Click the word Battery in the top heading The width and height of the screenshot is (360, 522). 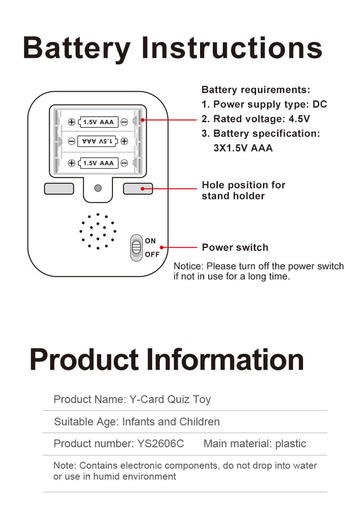(x=77, y=48)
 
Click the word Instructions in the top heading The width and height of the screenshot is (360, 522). (x=232, y=48)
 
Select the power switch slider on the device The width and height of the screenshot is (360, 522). (x=136, y=248)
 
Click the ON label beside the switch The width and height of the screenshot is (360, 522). (x=150, y=241)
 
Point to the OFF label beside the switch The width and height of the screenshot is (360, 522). (x=152, y=254)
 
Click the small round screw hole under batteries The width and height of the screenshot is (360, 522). (x=98, y=188)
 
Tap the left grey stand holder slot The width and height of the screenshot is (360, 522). (x=59, y=188)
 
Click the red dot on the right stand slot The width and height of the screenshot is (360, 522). (x=143, y=188)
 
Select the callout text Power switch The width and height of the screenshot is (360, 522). (x=235, y=248)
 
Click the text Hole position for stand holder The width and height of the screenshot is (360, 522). (x=243, y=191)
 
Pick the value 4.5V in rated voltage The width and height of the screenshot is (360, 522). (x=299, y=119)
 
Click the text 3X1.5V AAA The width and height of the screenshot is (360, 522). (x=243, y=148)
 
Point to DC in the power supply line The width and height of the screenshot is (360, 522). (x=319, y=104)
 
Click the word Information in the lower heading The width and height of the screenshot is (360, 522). (x=226, y=359)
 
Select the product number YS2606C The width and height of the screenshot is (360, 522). (x=160, y=444)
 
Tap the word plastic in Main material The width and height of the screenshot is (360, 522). (x=291, y=444)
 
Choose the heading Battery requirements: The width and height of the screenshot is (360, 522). (x=256, y=90)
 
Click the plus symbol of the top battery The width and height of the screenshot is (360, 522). (x=72, y=122)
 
